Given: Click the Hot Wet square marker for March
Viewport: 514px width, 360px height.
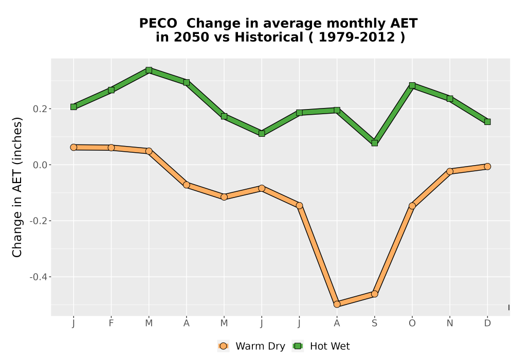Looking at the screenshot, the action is (x=149, y=70).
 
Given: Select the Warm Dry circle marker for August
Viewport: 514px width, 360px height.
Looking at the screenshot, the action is (x=337, y=304).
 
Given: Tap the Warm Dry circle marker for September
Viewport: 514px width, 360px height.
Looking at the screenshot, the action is (x=374, y=294).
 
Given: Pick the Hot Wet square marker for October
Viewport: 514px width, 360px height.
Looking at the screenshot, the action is (x=412, y=85).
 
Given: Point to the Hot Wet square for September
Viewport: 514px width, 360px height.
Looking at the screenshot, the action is (x=374, y=143).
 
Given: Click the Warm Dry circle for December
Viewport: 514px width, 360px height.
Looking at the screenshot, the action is (x=487, y=167).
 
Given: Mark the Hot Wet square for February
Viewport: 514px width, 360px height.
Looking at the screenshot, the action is (x=111, y=90).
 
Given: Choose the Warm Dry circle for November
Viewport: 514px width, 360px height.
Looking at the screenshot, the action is (x=450, y=171).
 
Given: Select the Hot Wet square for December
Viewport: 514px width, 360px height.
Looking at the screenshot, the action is (x=487, y=122).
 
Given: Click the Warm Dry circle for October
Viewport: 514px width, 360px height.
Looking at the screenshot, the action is (x=412, y=206).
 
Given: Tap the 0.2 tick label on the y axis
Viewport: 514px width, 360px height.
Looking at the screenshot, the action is (x=40, y=109).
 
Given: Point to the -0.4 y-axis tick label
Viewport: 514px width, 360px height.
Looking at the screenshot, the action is (x=38, y=277).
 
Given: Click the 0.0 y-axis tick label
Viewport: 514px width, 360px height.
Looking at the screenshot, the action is (x=40, y=165).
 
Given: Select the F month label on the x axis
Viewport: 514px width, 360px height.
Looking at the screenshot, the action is (x=111, y=323).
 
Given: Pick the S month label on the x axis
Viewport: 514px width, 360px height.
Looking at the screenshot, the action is (x=374, y=323).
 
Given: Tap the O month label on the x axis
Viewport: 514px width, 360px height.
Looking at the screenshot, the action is (x=412, y=323).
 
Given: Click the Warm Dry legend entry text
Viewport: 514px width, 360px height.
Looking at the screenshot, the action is (x=260, y=346).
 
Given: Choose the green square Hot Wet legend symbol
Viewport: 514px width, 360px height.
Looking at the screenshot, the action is (x=298, y=346).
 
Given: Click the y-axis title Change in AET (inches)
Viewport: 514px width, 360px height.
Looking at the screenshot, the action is (x=17, y=187).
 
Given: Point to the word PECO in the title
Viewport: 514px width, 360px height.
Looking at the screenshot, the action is (x=158, y=23).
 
